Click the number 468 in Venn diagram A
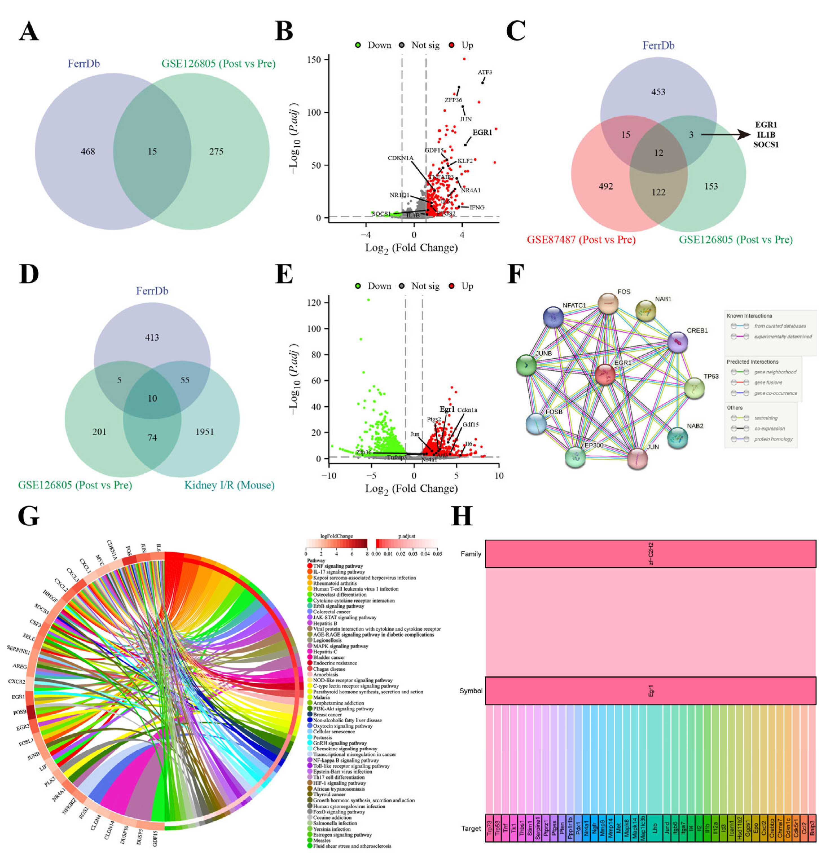click(x=88, y=151)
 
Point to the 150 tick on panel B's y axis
click(x=314, y=60)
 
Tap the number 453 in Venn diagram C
click(x=658, y=92)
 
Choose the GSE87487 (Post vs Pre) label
click(x=581, y=240)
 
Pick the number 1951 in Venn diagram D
click(x=204, y=432)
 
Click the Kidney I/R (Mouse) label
click(x=229, y=485)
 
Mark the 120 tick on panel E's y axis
click(x=314, y=303)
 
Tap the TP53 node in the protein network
click(x=694, y=388)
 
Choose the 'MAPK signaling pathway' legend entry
click(x=341, y=646)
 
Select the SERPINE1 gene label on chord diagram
click(x=18, y=649)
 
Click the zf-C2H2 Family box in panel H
click(x=650, y=554)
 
